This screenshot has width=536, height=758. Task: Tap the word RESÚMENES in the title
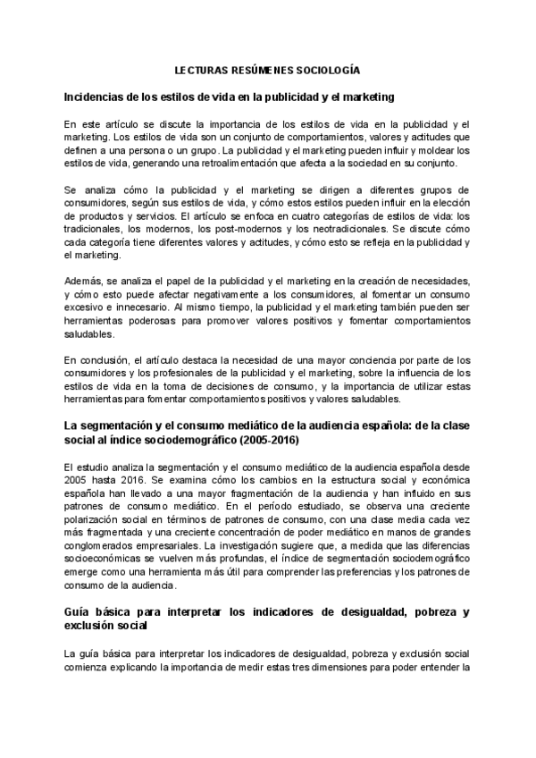[261, 69]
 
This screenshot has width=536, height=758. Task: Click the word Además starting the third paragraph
[83, 281]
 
